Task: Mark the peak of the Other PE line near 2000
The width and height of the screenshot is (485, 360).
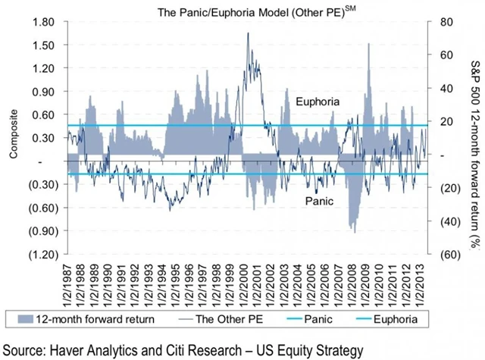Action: (248, 33)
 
